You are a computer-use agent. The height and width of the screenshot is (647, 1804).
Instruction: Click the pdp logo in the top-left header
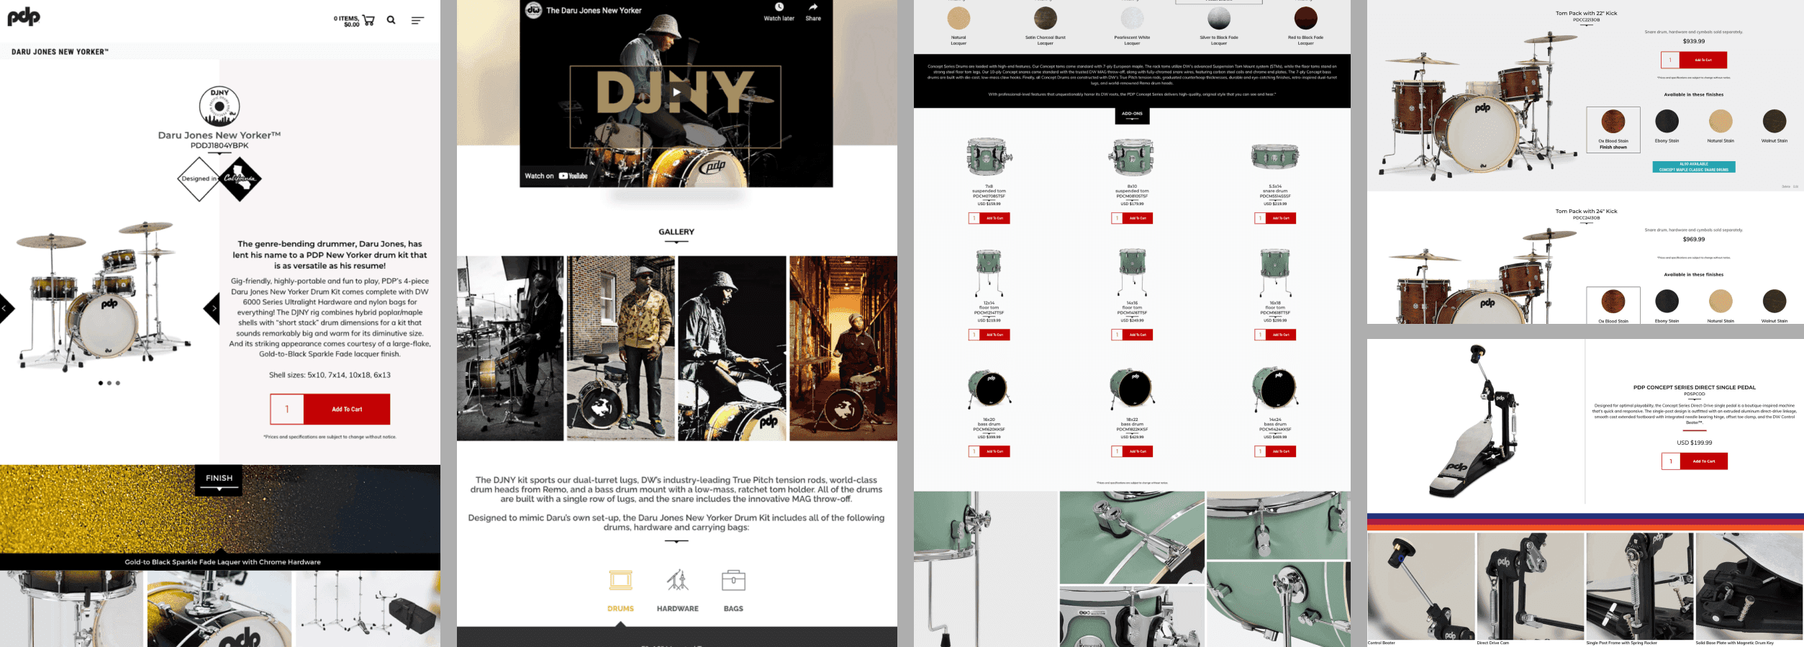24,17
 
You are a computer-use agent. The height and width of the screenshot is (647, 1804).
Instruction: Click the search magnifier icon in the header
391,20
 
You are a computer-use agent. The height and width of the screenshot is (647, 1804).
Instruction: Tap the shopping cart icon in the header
368,20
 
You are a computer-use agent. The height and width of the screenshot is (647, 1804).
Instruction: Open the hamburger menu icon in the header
417,20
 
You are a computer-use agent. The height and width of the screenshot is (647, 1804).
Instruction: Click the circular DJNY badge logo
219,106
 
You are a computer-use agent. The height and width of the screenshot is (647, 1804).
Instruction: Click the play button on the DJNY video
676,91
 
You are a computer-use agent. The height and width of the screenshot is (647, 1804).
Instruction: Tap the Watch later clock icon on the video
779,8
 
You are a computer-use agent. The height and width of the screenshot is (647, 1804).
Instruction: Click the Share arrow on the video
813,8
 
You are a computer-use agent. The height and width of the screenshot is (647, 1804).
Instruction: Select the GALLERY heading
676,232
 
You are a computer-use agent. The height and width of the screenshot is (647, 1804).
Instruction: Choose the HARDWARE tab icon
677,580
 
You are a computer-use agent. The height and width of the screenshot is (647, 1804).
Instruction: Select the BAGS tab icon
733,580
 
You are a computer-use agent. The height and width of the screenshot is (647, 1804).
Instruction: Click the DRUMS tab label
620,609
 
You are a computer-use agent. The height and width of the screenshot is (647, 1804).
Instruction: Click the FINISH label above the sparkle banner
219,478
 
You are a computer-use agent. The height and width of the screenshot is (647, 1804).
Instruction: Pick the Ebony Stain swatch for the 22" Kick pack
1667,121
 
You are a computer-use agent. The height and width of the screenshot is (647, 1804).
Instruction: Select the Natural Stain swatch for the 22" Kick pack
1721,121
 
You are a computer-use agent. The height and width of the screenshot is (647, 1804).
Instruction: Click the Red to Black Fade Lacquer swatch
1305,18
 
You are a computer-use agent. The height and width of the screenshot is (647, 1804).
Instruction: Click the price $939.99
1693,41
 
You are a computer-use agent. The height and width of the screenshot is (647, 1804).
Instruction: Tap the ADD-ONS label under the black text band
1132,114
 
